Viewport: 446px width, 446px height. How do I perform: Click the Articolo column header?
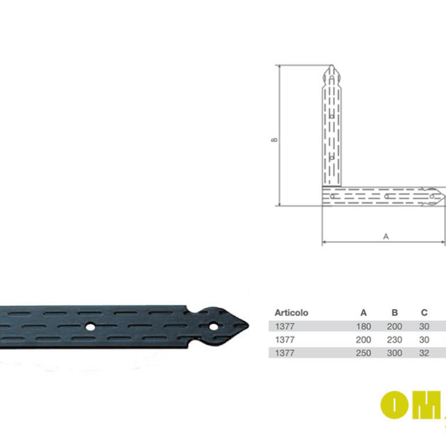coord(291,313)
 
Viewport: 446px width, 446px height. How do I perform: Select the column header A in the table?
coord(363,313)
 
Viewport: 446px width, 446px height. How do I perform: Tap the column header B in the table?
coord(395,313)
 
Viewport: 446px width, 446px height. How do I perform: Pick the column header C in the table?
coord(424,313)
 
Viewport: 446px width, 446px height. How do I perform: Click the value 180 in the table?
coord(363,326)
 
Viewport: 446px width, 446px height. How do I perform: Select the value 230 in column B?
coord(395,339)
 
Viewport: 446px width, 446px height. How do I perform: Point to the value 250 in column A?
coord(363,352)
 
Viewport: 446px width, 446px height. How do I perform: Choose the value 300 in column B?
coord(395,352)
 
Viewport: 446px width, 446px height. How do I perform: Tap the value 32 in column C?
coord(424,352)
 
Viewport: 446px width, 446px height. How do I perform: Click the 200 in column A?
coord(363,339)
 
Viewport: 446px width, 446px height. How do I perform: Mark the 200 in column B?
coord(395,326)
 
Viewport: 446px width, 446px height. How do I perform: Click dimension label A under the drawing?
coord(386,236)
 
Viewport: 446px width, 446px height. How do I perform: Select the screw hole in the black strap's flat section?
coord(90,326)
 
